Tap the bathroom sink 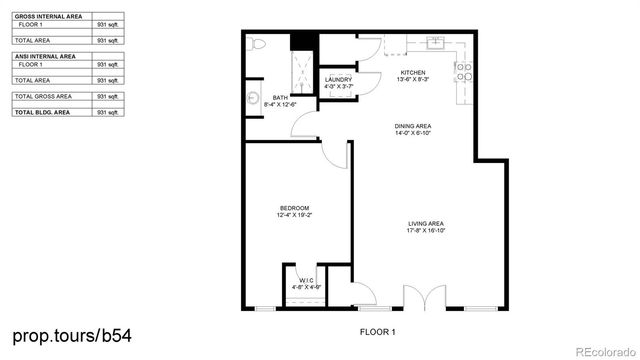(250, 98)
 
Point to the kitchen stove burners (465, 70)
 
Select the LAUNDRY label (339, 81)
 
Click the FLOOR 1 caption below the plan (378, 331)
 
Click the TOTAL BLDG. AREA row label (46, 113)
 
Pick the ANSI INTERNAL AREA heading (45, 57)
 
